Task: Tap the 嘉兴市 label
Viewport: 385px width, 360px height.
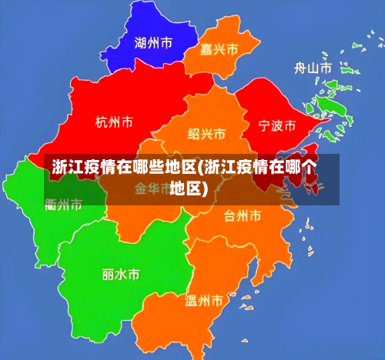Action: click(x=219, y=49)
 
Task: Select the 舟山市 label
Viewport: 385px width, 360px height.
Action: click(x=313, y=68)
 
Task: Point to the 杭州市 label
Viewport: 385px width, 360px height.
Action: click(x=114, y=122)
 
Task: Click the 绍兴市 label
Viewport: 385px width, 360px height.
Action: click(x=206, y=134)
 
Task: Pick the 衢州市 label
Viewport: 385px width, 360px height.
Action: click(x=64, y=205)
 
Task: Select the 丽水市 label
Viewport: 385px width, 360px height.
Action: click(x=121, y=273)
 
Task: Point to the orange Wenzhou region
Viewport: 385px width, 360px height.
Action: click(x=185, y=323)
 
